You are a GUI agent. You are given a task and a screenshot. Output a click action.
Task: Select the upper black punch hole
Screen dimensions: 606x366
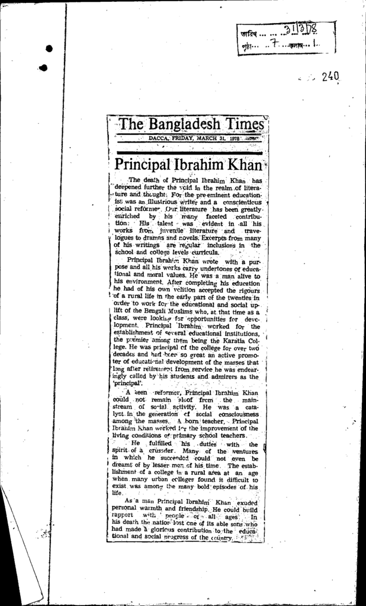[49, 49]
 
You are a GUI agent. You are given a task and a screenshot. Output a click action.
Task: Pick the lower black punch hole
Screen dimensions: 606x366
[43, 67]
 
